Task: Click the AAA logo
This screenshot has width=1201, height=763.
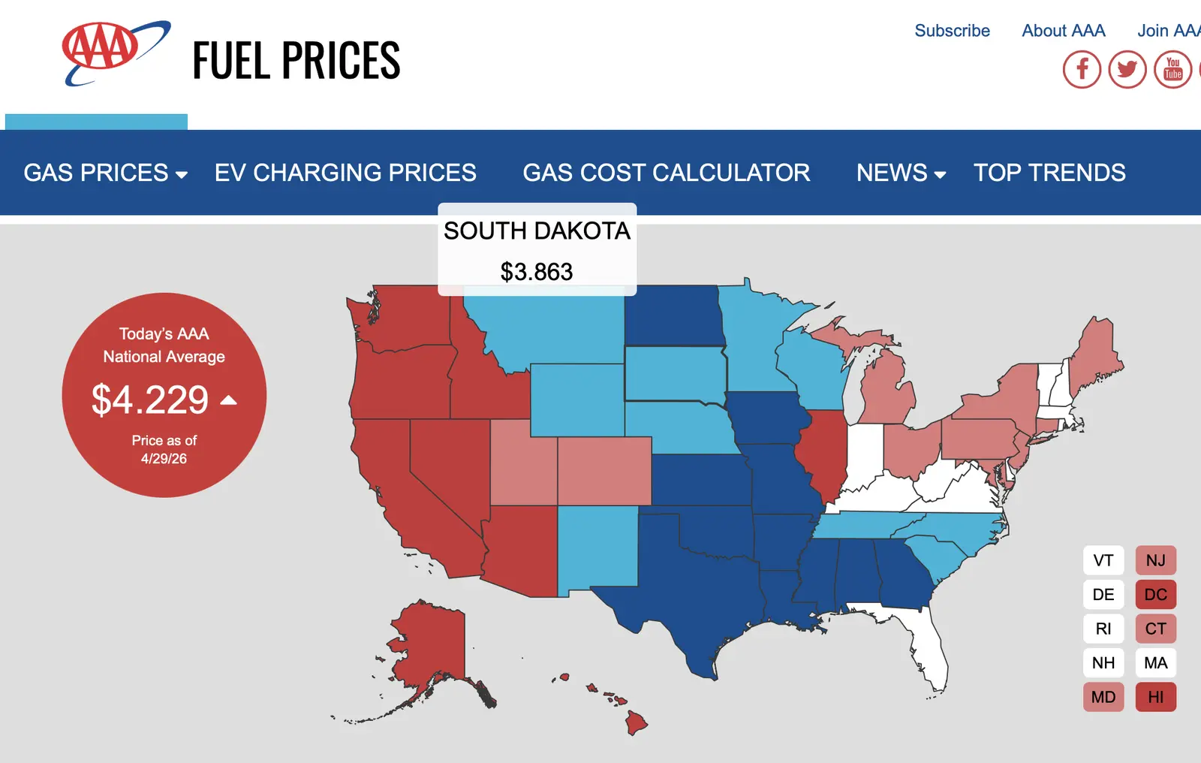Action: tap(116, 53)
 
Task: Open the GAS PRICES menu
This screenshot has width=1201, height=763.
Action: tap(106, 173)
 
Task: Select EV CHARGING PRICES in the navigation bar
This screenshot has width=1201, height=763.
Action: tap(345, 173)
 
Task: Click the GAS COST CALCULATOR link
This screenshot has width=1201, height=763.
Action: tap(666, 173)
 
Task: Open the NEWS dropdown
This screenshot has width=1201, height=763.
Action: tap(901, 173)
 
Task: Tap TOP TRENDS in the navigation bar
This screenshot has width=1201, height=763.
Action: tap(1049, 173)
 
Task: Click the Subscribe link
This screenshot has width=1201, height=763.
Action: tap(953, 31)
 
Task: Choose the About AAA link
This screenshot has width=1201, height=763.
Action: tap(1064, 31)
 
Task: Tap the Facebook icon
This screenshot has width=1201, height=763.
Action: tap(1082, 69)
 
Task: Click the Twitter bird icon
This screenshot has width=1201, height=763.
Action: tap(1127, 69)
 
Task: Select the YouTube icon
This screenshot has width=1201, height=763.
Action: tap(1173, 69)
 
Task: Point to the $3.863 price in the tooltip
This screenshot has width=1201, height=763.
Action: tap(537, 272)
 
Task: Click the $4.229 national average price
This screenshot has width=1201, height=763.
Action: tap(150, 400)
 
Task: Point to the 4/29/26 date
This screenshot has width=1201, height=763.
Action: tap(164, 459)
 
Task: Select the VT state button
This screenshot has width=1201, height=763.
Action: tap(1103, 560)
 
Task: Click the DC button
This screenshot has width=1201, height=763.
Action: tap(1156, 595)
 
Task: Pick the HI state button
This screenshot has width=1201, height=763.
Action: tap(1156, 697)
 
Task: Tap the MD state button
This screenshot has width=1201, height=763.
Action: tap(1103, 697)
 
